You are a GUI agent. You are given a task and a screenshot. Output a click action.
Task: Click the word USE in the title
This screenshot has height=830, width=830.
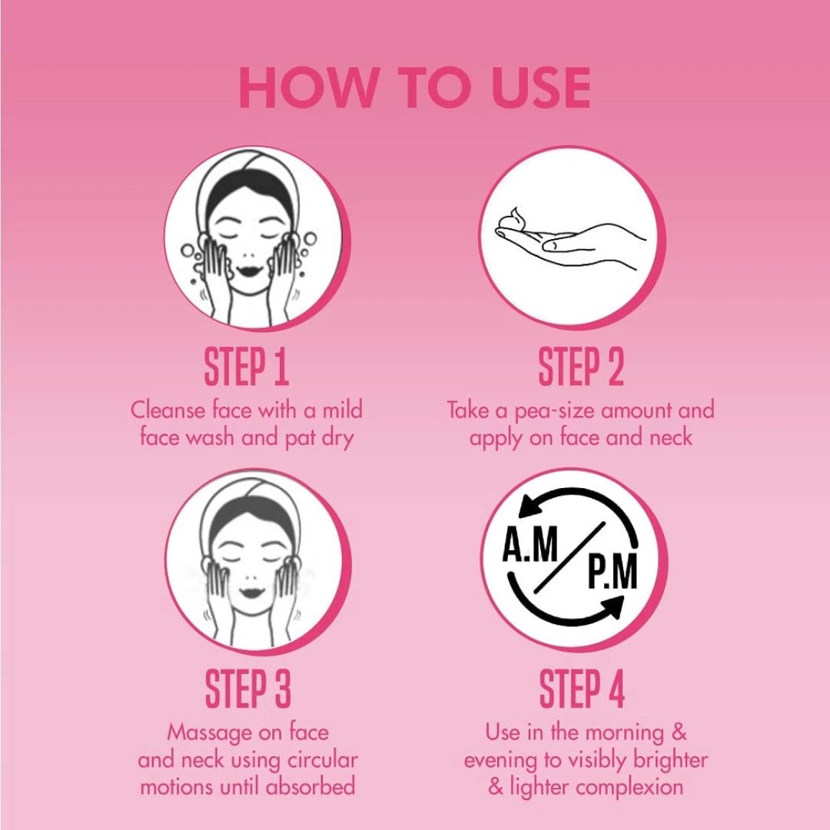pos(541,88)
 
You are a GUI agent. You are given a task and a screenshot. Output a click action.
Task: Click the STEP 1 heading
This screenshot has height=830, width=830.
pos(247,367)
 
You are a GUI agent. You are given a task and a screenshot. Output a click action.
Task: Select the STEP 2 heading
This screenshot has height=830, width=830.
pos(581,367)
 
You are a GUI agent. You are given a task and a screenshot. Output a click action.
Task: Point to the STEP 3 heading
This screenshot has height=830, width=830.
pos(247,689)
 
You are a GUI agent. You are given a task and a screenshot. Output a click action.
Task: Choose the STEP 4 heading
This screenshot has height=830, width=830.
pos(582,689)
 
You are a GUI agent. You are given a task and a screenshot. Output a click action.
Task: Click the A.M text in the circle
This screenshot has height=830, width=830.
pos(530,544)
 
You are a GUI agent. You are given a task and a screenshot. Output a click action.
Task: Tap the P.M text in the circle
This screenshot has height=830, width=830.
pos(613,572)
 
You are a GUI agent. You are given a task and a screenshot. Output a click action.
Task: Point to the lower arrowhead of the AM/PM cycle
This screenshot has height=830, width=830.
pos(611,606)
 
